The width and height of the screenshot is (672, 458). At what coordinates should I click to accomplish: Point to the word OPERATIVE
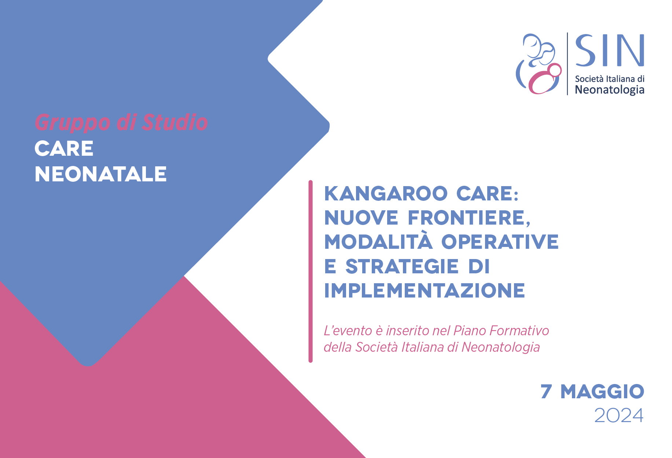tap(500, 242)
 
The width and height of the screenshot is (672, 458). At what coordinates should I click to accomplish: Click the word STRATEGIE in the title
tap(402, 266)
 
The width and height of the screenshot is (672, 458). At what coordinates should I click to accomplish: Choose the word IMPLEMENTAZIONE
tap(425, 291)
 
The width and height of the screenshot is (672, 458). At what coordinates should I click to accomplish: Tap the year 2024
tap(619, 415)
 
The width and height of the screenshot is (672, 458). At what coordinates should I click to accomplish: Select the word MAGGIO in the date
tap(602, 391)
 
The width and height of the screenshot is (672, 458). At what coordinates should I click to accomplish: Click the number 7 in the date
tap(546, 391)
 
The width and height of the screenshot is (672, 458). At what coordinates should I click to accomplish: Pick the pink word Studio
tap(175, 122)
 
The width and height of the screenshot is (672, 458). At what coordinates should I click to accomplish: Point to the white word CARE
tap(64, 148)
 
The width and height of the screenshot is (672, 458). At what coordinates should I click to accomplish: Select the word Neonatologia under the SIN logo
tap(610, 90)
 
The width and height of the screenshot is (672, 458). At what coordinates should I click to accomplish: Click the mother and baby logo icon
tap(539, 64)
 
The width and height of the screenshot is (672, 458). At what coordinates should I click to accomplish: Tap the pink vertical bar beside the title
tap(311, 271)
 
